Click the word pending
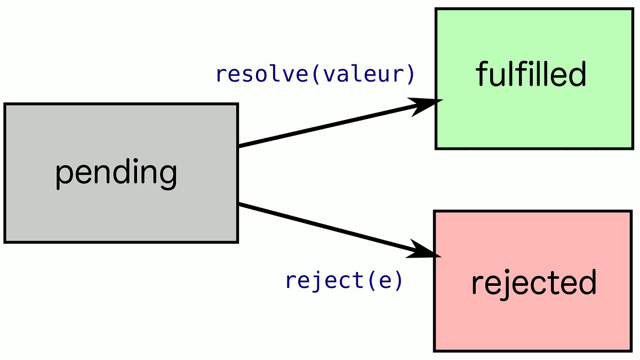tap(116, 173)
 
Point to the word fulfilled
tap(531, 74)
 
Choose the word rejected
tap(533, 283)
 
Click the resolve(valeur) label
tap(315, 75)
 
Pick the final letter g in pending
tap(168, 176)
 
